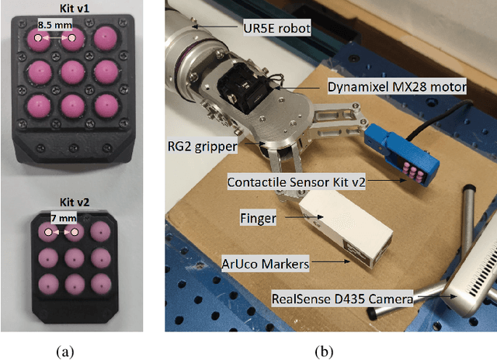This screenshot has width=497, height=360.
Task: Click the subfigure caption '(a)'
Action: tap(67, 351)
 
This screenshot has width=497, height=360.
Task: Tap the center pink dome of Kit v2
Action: tap(75, 256)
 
